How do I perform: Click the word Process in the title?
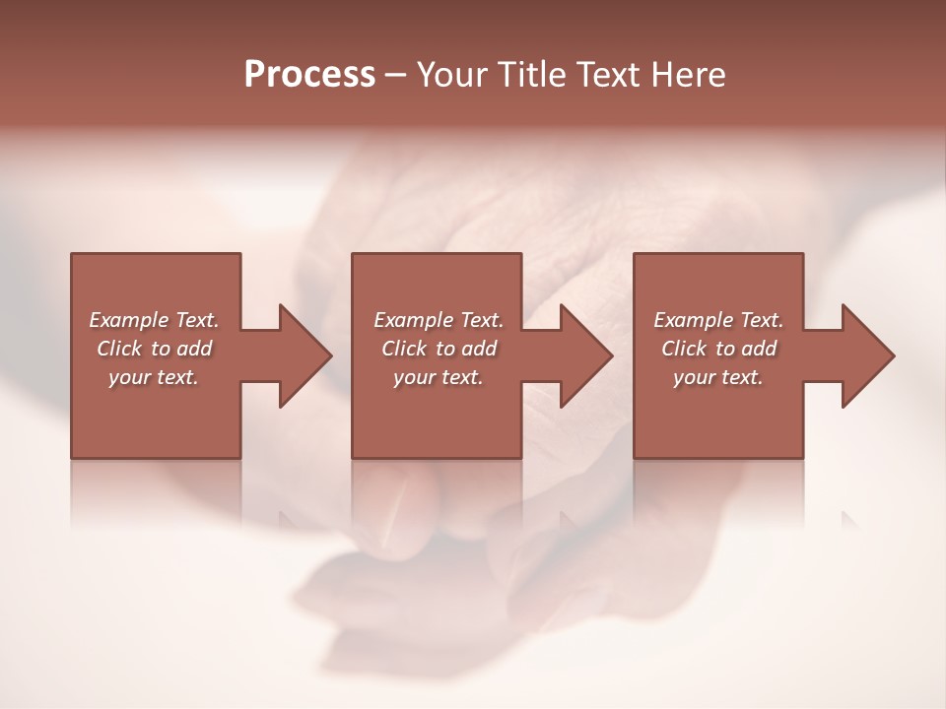(x=309, y=75)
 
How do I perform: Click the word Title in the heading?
(x=530, y=75)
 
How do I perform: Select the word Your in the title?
(x=455, y=75)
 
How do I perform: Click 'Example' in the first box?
(x=129, y=320)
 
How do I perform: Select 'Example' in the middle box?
(x=414, y=320)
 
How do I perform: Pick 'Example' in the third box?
(x=694, y=320)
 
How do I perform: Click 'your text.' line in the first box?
(x=153, y=377)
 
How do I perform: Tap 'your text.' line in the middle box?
(x=438, y=377)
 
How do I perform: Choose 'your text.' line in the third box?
(x=717, y=377)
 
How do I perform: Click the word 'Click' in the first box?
(x=119, y=349)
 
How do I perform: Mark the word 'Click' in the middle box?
(x=404, y=349)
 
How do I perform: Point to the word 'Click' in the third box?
(x=684, y=349)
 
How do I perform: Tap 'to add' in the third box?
(x=746, y=349)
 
